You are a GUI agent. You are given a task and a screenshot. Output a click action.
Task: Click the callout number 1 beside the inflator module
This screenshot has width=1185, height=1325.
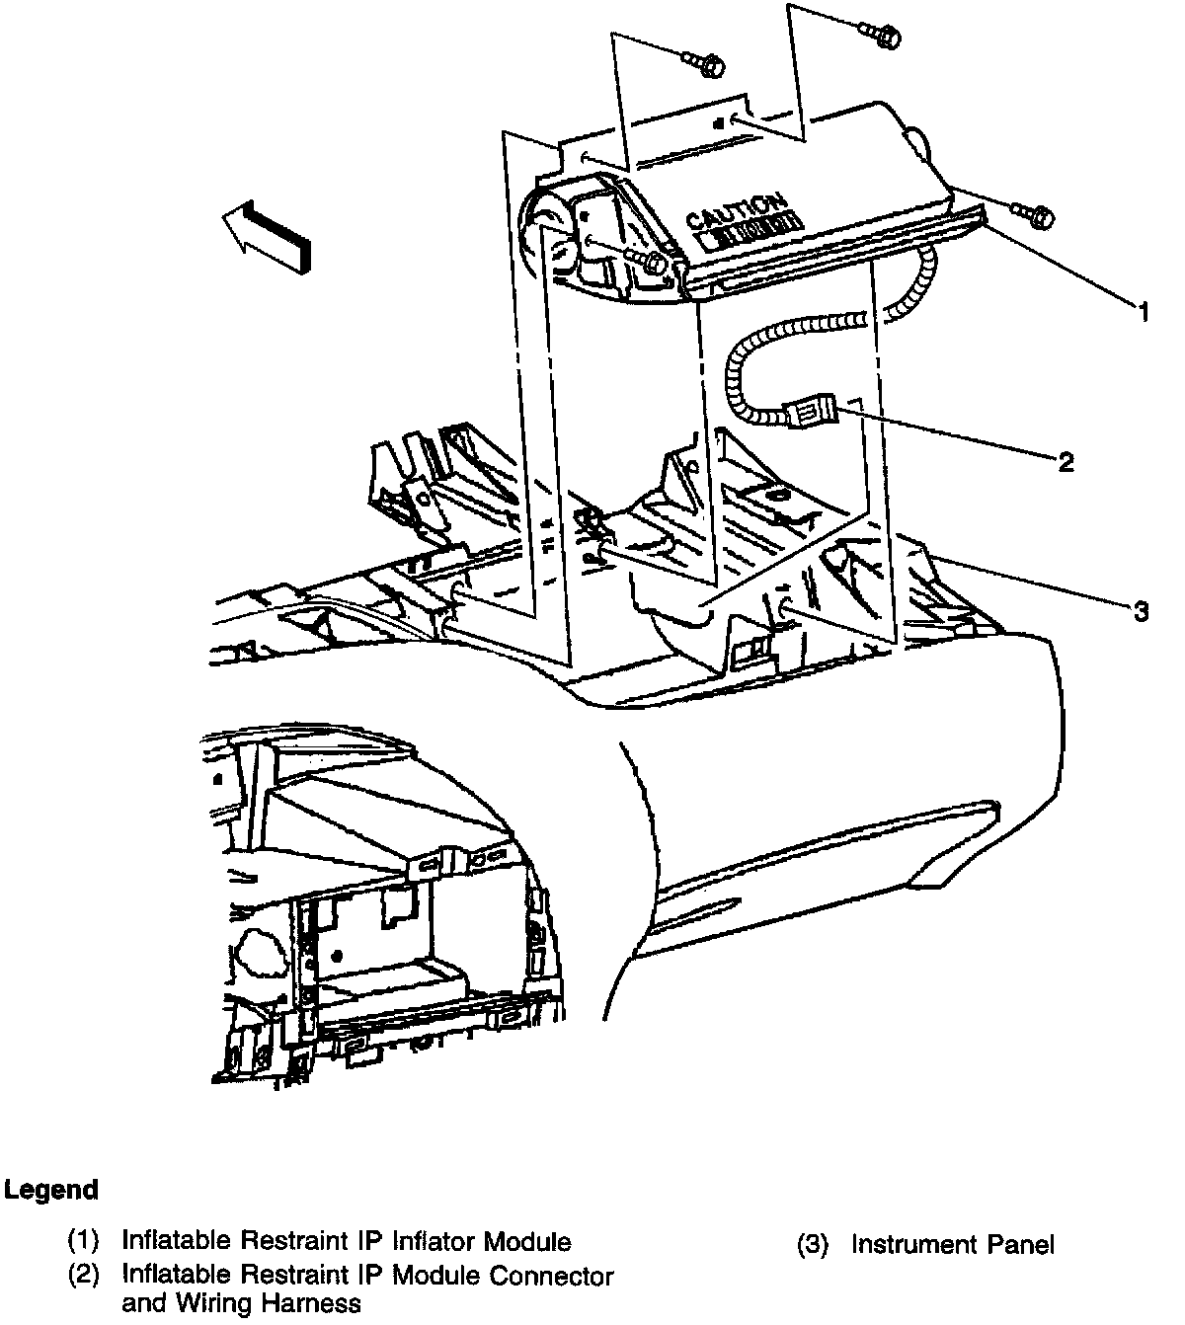click(1143, 313)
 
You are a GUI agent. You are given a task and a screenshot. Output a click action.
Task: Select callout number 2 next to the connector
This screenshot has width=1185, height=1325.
click(1065, 461)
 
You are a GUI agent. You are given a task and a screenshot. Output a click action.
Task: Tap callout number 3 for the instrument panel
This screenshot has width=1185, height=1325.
click(1142, 612)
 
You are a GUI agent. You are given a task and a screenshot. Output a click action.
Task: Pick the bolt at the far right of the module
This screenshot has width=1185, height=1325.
click(1037, 214)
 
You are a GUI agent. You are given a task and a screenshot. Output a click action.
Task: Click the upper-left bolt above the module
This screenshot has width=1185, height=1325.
click(709, 65)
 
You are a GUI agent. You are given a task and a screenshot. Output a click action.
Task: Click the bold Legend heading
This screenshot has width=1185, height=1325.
click(51, 1190)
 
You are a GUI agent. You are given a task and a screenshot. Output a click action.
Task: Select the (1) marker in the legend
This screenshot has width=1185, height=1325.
click(84, 1242)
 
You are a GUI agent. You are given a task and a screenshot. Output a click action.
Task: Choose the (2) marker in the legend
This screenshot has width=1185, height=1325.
click(84, 1276)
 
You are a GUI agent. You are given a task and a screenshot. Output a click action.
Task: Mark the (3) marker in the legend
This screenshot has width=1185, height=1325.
click(813, 1245)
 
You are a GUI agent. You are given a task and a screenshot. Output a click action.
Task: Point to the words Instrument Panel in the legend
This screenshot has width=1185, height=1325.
click(952, 1245)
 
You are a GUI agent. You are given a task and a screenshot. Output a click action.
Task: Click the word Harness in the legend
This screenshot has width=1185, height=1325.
click(313, 1303)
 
